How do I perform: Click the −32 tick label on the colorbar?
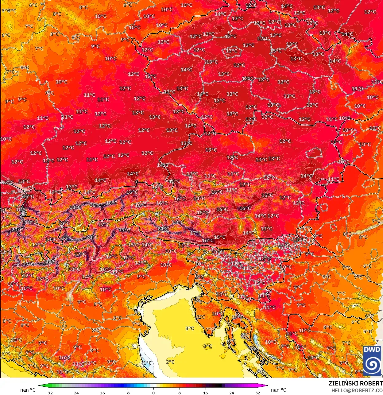tap(49, 393)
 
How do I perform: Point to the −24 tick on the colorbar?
tap(75, 393)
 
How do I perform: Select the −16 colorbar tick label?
tap(101, 393)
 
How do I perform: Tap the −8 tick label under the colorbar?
tap(127, 393)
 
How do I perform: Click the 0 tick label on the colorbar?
tap(153, 393)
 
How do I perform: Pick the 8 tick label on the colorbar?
tap(180, 393)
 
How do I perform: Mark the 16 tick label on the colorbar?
tap(205, 393)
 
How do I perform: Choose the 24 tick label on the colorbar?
tap(231, 393)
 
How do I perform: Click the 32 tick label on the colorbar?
tap(257, 393)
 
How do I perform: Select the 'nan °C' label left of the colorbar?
tap(28, 390)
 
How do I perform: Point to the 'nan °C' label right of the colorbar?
tap(279, 390)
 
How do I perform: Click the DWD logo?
tap(372, 361)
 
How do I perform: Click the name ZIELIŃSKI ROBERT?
tap(356, 383)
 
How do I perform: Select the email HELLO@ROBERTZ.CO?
tap(357, 390)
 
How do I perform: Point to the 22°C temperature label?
tap(67, 238)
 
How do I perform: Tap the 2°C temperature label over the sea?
tap(170, 362)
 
